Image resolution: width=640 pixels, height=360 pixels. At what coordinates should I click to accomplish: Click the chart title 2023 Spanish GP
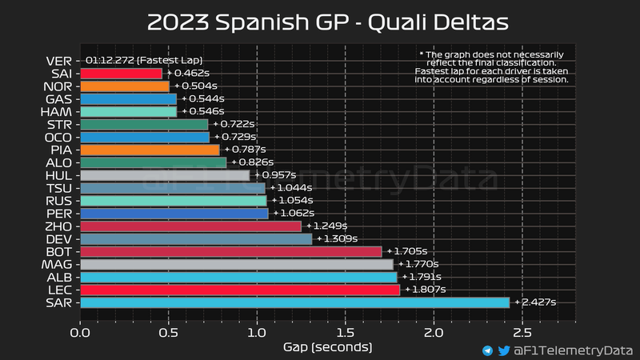pos(319,22)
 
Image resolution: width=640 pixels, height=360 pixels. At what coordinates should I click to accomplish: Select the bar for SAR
pos(294,302)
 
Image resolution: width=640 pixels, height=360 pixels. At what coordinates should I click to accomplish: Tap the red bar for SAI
pos(121,74)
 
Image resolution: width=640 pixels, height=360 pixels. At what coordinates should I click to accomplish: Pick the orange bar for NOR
pos(125,86)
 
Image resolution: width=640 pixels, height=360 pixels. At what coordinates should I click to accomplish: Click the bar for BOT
pos(231,251)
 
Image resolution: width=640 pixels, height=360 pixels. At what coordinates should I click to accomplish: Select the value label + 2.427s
pos(535,302)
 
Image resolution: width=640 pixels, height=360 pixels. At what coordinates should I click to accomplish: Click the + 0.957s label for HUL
pos(276,175)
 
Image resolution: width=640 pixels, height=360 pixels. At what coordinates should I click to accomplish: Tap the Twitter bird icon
pos(504,350)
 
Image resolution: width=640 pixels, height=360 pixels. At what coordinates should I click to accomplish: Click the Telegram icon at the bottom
pos(487,350)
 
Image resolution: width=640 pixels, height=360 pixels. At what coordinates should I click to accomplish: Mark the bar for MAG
pos(237,264)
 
